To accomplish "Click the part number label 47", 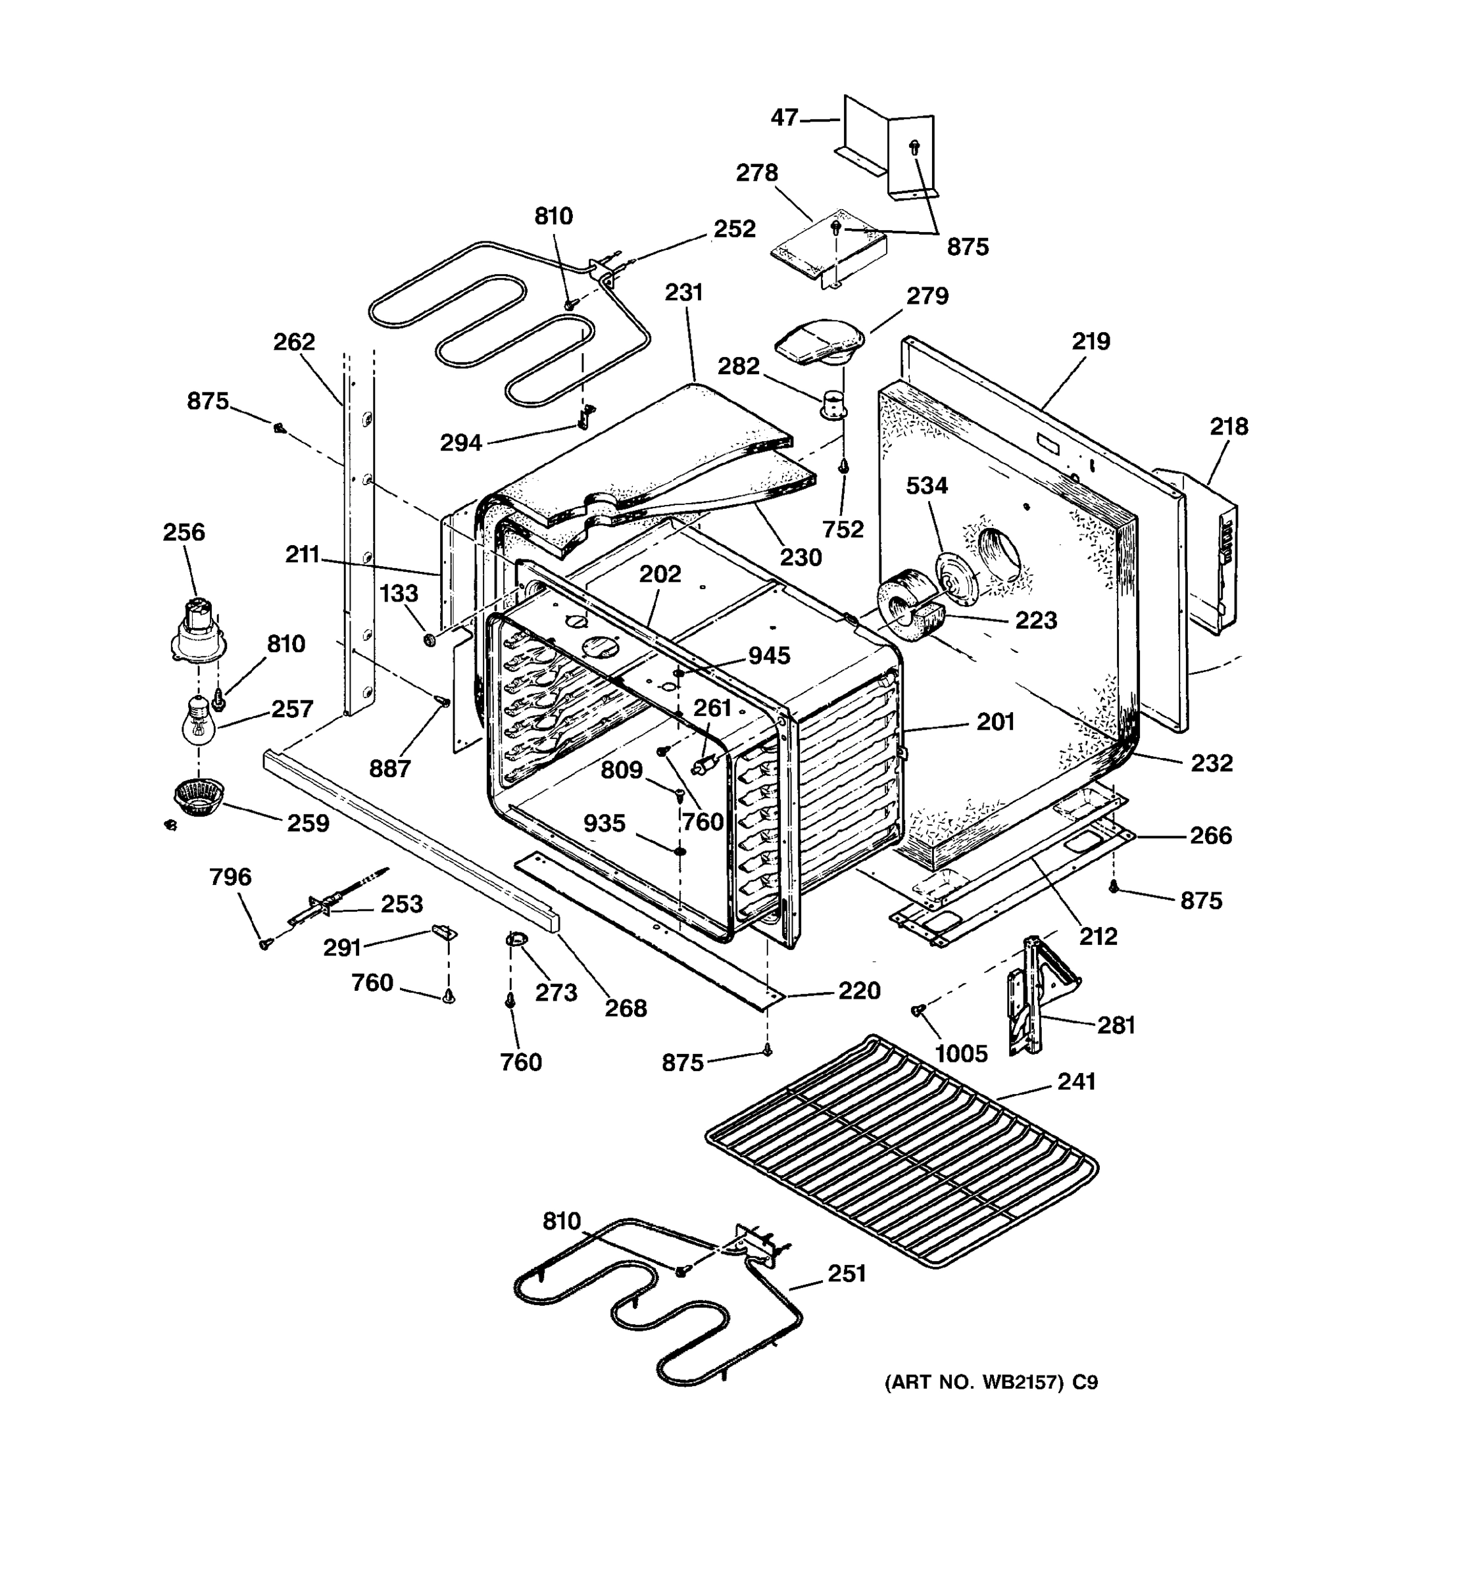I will (783, 118).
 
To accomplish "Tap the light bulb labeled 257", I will (199, 719).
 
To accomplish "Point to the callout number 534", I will (927, 485).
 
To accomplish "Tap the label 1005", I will (961, 1053).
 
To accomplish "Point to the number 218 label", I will (1228, 426).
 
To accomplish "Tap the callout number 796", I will (230, 876).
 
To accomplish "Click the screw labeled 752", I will (844, 467).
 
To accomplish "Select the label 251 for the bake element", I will (847, 1272).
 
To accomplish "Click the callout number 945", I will (768, 655).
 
